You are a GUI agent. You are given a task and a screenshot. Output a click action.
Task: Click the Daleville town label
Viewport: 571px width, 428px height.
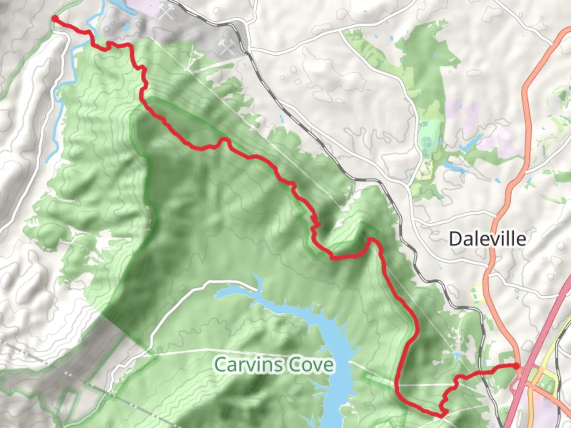[x=487, y=239]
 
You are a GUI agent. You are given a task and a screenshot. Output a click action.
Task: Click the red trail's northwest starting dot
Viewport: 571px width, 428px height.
[x=55, y=18]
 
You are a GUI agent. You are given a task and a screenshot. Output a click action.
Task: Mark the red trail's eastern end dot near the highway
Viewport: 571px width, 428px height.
[x=516, y=365]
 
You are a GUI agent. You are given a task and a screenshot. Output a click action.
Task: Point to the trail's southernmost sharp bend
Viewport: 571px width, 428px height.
[x=442, y=414]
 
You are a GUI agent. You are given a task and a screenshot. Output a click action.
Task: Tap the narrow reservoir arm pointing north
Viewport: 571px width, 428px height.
[x=260, y=283]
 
